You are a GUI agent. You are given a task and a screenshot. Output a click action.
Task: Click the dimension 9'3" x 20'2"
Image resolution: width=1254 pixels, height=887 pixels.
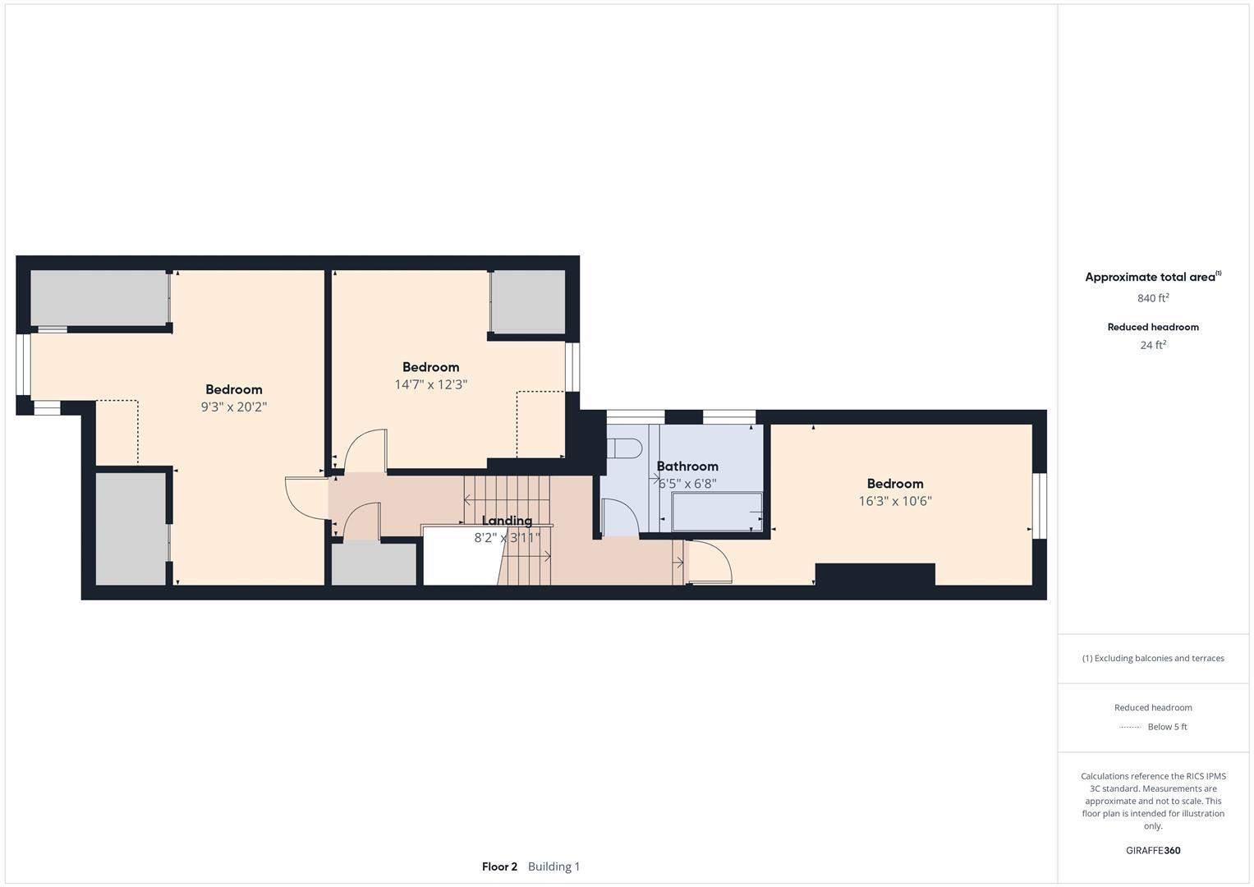(234, 407)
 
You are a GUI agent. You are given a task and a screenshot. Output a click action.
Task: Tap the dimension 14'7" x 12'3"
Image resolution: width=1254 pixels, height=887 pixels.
(430, 384)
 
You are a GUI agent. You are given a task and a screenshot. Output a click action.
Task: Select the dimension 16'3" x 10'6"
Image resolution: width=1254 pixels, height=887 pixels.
(895, 501)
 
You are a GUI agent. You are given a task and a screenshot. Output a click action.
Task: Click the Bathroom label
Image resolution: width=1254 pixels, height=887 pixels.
(687, 466)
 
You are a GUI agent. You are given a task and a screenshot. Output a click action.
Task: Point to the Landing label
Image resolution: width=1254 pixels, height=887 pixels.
(507, 521)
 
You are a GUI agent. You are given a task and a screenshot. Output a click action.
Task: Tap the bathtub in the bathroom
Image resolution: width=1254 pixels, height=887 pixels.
(716, 512)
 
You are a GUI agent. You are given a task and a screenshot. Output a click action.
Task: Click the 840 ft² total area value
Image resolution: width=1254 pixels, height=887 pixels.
(1153, 298)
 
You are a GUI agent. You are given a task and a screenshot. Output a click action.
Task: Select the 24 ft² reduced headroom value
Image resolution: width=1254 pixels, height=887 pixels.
(1153, 345)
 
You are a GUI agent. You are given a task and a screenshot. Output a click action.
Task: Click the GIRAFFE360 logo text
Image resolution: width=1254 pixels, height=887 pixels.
(1153, 851)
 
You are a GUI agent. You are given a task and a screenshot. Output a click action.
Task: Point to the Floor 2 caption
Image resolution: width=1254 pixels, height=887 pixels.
(499, 866)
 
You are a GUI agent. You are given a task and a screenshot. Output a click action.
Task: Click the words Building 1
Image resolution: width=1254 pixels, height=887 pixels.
(554, 866)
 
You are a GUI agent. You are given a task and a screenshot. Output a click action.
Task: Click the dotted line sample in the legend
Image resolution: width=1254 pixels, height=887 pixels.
(1131, 727)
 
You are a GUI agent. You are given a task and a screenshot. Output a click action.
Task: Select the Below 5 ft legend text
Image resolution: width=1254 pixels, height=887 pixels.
(1167, 727)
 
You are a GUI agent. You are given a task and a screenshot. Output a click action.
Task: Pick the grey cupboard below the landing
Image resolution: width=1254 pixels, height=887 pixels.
(374, 564)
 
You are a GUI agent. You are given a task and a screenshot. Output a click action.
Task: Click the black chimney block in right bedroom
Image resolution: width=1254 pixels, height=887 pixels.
(875, 574)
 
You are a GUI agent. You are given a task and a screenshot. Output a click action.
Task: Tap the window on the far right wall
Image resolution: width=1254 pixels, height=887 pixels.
(1040, 505)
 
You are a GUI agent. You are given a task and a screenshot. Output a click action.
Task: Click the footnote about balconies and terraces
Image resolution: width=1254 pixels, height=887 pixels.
(1153, 658)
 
